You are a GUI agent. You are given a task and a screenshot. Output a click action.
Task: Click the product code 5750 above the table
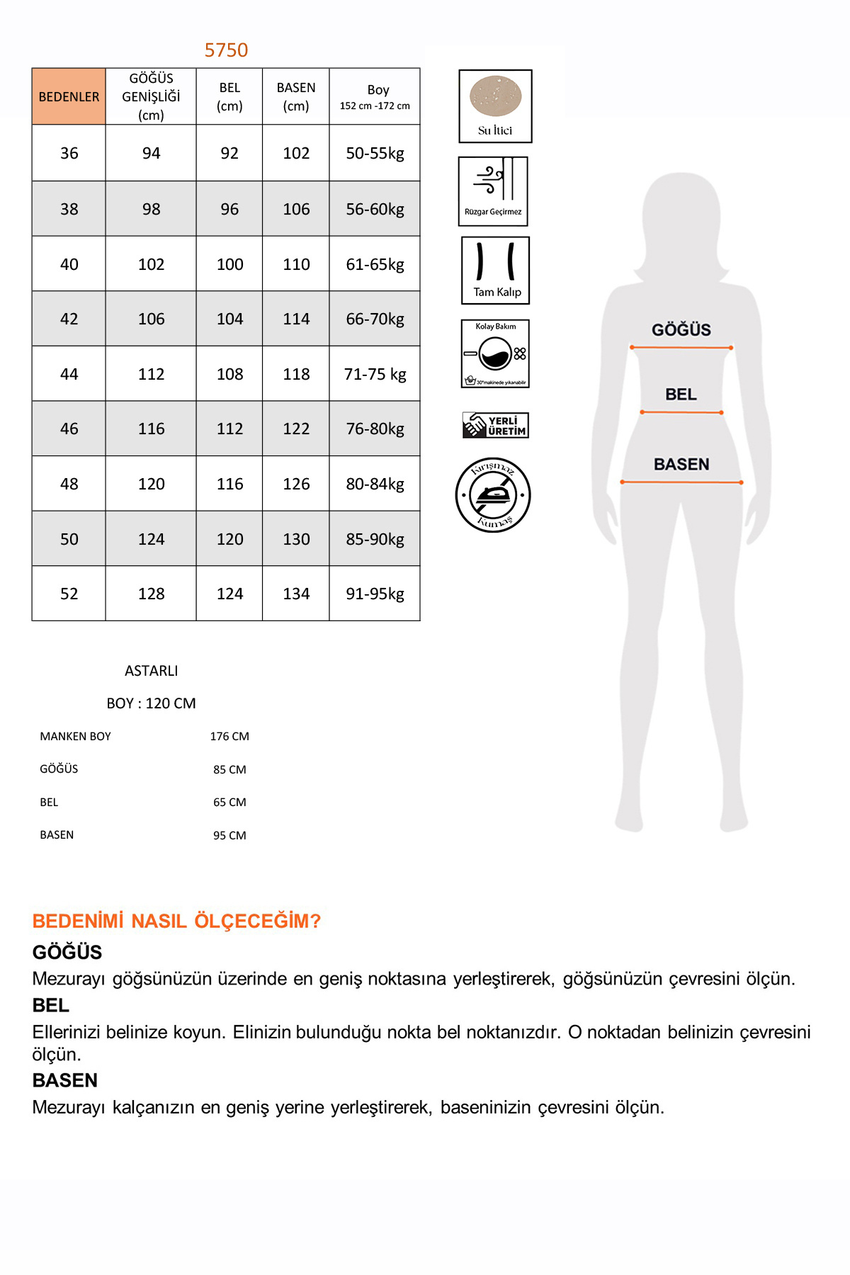pos(226,50)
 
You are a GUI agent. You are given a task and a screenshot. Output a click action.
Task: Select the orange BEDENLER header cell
pos(69,96)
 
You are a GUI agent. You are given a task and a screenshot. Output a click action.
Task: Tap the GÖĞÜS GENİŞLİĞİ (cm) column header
pos(151,96)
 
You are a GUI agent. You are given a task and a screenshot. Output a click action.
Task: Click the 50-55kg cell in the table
pos(375,153)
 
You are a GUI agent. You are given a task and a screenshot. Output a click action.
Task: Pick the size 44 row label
pos(69,374)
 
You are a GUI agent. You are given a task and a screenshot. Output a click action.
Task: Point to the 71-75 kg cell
pos(375,374)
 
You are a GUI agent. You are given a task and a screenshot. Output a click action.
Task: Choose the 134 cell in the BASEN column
pos(296,594)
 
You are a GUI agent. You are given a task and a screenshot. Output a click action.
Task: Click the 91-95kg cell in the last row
pos(375,594)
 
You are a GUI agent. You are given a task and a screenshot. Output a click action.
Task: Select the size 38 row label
pos(69,209)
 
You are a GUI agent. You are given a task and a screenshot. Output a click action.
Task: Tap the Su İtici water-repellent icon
pos(495,106)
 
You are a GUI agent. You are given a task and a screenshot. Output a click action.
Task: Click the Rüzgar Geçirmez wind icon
pos(493,191)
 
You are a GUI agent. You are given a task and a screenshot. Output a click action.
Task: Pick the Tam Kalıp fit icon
pos(496,271)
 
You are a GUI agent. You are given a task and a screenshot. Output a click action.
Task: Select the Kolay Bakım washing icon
pos(495,353)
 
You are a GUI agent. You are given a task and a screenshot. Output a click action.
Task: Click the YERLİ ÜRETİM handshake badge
pos(495,425)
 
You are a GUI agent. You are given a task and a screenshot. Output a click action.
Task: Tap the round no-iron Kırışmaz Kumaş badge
pos(493,494)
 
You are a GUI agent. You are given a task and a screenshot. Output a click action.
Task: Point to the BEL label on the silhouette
pos(681,395)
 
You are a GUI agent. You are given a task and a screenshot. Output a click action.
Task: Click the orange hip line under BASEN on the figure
pos(681,482)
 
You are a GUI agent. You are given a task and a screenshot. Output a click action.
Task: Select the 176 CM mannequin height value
pos(229,737)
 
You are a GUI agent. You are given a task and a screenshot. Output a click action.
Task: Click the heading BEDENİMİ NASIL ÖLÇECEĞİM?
pos(176,921)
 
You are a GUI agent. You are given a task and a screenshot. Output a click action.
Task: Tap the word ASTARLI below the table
pos(151,671)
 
